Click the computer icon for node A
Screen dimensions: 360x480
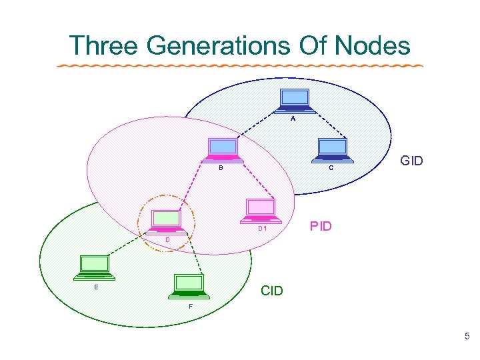click(293, 100)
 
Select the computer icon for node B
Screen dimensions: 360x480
click(223, 149)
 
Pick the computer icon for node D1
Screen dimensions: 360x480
click(260, 209)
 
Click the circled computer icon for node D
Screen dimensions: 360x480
click(166, 221)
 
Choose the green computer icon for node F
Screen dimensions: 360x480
click(189, 285)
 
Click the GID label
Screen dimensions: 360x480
click(411, 161)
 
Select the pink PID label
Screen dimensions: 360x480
click(321, 226)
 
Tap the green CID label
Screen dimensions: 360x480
click(272, 291)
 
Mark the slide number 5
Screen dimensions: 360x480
click(467, 337)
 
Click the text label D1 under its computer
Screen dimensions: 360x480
click(263, 229)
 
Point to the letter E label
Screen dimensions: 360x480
click(97, 287)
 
